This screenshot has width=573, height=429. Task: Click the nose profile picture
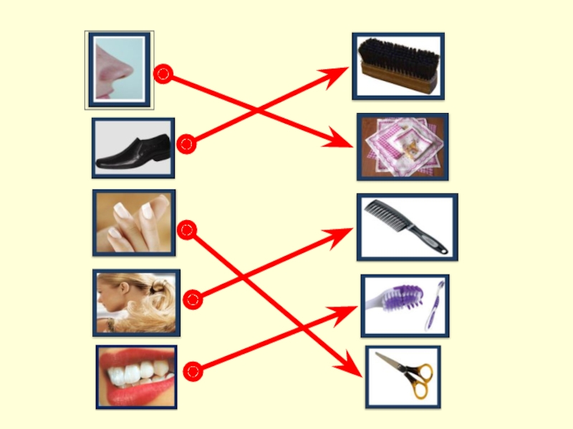pos(120,69)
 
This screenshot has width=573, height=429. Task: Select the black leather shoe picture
pos(133,148)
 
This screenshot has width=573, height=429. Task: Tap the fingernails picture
pos(134,222)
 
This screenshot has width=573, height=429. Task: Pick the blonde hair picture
pos(136,302)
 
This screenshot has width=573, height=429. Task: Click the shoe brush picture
pos(398,66)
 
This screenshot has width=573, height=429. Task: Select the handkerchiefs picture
pos(403,147)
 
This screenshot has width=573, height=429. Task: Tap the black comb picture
pos(407,227)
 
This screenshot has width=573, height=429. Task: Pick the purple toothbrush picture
pos(405,305)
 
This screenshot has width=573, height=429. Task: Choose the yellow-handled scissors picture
pos(403,377)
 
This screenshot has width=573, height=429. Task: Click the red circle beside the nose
pos(163,74)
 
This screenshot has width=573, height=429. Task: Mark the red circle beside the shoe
pos(186,144)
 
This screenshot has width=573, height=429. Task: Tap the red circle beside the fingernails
pos(186,230)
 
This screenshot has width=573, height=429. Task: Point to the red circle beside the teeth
pos(193,371)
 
